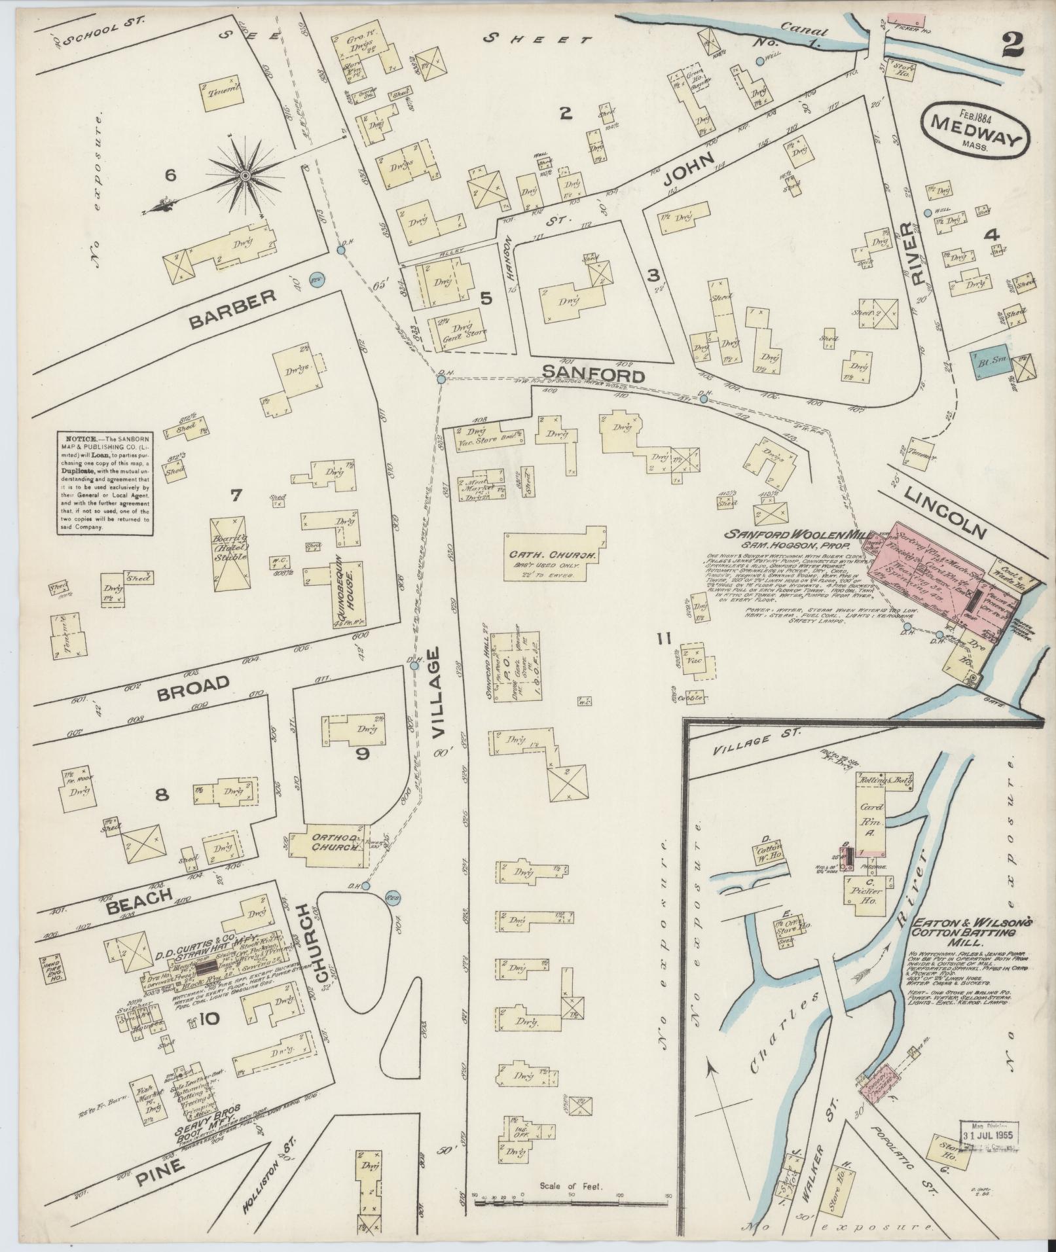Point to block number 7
pos(234,496)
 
